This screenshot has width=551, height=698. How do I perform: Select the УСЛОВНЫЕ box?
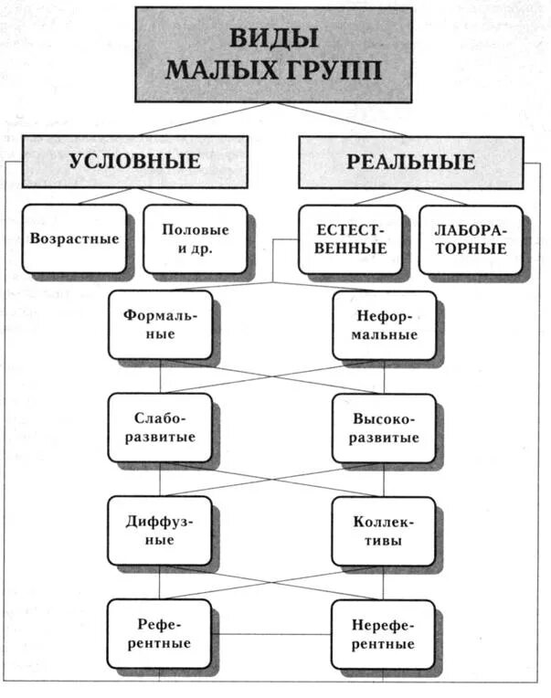point(133,161)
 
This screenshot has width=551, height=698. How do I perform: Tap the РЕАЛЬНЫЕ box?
point(410,162)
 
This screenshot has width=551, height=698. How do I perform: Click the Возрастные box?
point(74,238)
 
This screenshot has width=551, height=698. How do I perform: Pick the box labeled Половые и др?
point(194,238)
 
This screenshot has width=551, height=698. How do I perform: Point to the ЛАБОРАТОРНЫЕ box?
point(470,238)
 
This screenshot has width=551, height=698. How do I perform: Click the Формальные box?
point(159,324)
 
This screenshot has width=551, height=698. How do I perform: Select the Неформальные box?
point(383,325)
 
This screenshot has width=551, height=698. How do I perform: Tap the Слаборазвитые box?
point(159,427)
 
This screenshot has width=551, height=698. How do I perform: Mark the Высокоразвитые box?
point(383,428)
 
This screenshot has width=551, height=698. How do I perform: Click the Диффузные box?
point(159,530)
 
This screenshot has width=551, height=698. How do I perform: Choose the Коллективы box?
point(383,530)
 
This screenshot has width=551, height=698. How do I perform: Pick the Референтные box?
point(159,633)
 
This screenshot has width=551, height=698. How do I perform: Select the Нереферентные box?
point(383,633)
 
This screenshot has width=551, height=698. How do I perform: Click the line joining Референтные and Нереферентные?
point(271,634)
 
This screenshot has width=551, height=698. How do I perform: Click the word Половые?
point(195,229)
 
